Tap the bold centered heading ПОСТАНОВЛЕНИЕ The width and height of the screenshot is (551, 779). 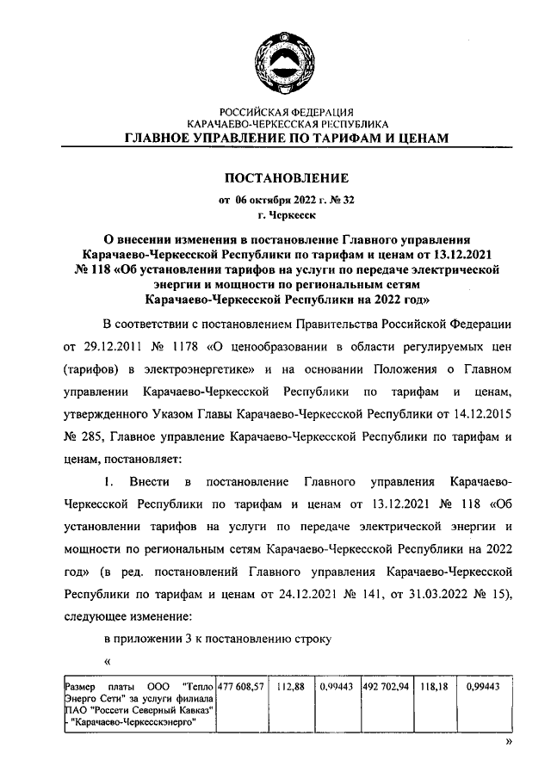click(286, 179)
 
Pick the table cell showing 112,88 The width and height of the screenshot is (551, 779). click(290, 687)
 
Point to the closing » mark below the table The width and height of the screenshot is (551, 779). click(508, 740)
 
